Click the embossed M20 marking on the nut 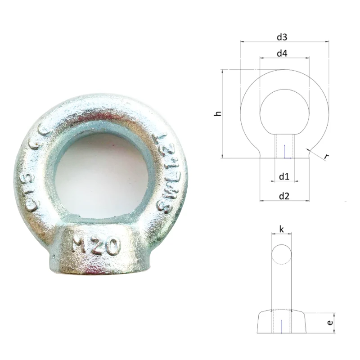click(x=96, y=245)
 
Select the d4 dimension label click(x=282, y=53)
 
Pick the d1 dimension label click(x=283, y=176)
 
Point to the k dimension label click(x=282, y=229)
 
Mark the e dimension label click(x=330, y=323)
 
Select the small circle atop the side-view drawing click(x=282, y=254)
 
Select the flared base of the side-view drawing click(x=282, y=322)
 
